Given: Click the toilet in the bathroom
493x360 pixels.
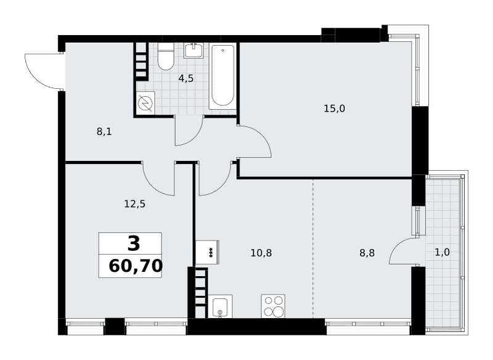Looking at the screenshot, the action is point(166,56).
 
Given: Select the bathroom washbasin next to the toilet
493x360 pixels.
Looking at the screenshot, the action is point(194,51).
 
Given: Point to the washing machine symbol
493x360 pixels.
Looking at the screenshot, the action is point(145,102).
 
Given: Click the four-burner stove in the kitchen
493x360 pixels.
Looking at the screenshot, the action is point(273,306).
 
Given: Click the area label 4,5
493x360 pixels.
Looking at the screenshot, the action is point(186,79).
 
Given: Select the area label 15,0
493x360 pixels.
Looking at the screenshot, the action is point(334,108).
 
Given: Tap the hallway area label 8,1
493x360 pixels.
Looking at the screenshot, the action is point(104,132).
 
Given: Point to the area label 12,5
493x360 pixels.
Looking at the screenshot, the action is point(134,205).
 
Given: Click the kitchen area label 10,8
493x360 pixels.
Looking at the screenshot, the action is point(261,253).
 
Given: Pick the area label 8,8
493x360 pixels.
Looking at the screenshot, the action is point(367,253).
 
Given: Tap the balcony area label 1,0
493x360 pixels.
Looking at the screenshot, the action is point(442,252).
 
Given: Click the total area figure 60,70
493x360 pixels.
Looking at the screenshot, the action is point(136,266).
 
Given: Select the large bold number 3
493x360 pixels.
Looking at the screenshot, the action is point(134,243).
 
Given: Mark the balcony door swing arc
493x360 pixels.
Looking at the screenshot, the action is point(397,246).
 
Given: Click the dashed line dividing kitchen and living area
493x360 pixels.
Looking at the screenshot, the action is point(313,248).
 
